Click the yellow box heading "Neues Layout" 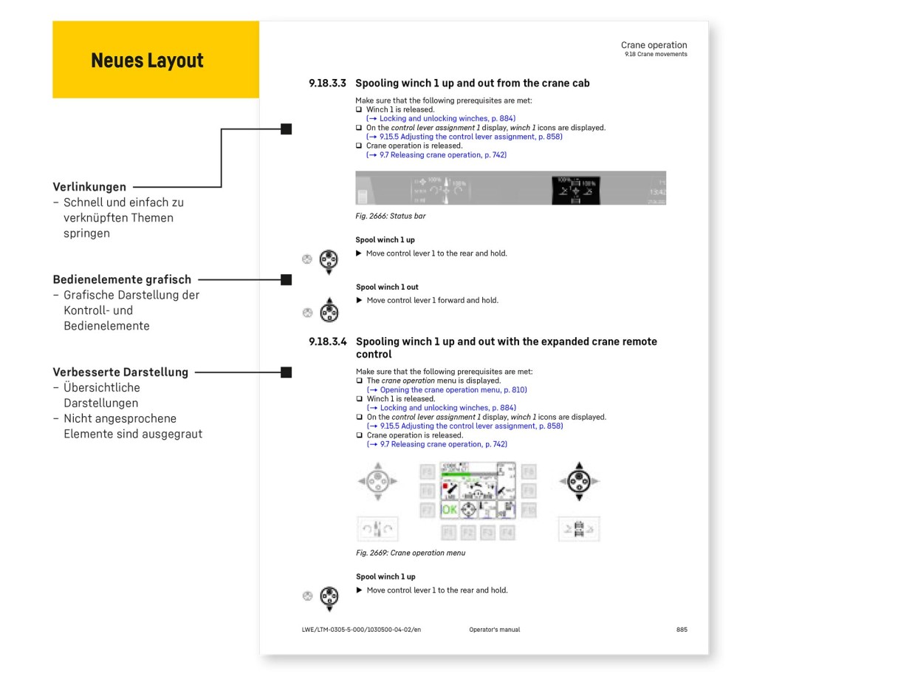point(147,61)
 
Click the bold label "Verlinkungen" point(89,187)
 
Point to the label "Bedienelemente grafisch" point(122,279)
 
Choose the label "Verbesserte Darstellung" point(120,372)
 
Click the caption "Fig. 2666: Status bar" point(391,216)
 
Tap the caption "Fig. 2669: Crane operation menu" point(411,553)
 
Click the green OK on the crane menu point(449,510)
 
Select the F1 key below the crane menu point(448,532)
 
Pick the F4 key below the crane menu point(506,532)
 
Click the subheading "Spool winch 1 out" point(387,287)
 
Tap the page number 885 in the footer point(681,630)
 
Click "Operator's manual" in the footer point(494,630)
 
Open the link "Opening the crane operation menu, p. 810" point(453,389)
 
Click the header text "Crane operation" point(654,45)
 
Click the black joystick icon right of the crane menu point(580,481)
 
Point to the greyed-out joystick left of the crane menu point(377,481)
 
